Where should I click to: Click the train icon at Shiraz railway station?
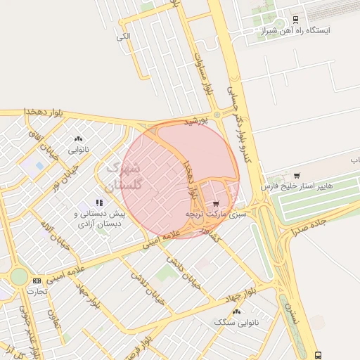click(295, 20)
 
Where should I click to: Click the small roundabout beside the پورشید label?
click(217, 114)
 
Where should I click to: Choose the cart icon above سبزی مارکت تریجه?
click(215, 203)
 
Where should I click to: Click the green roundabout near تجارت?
click(19, 276)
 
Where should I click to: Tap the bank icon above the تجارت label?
click(36, 281)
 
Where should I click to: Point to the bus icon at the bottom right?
click(319, 355)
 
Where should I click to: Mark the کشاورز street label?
click(210, 233)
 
